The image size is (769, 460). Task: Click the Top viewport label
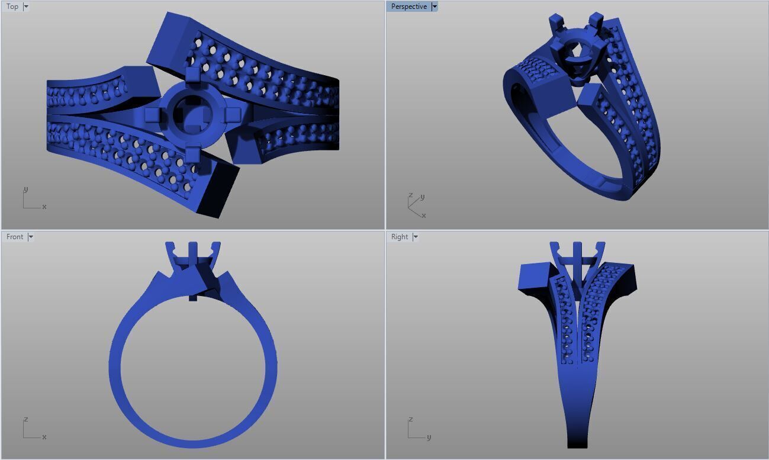coord(12,7)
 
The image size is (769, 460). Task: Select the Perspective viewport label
coord(408,7)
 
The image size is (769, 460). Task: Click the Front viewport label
coord(14,237)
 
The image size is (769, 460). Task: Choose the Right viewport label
coord(399,237)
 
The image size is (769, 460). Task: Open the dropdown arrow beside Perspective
coord(435,7)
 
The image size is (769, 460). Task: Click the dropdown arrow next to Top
coord(26,7)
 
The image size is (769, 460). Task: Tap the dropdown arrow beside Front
coord(31,237)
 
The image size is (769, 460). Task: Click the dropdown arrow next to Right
coord(416,237)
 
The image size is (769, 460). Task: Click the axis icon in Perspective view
coord(416,205)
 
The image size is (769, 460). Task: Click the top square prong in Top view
coord(193,76)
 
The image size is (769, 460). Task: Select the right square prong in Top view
coord(233,114)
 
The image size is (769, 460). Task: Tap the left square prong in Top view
coord(152,114)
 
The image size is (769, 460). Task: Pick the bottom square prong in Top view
coord(193,153)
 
